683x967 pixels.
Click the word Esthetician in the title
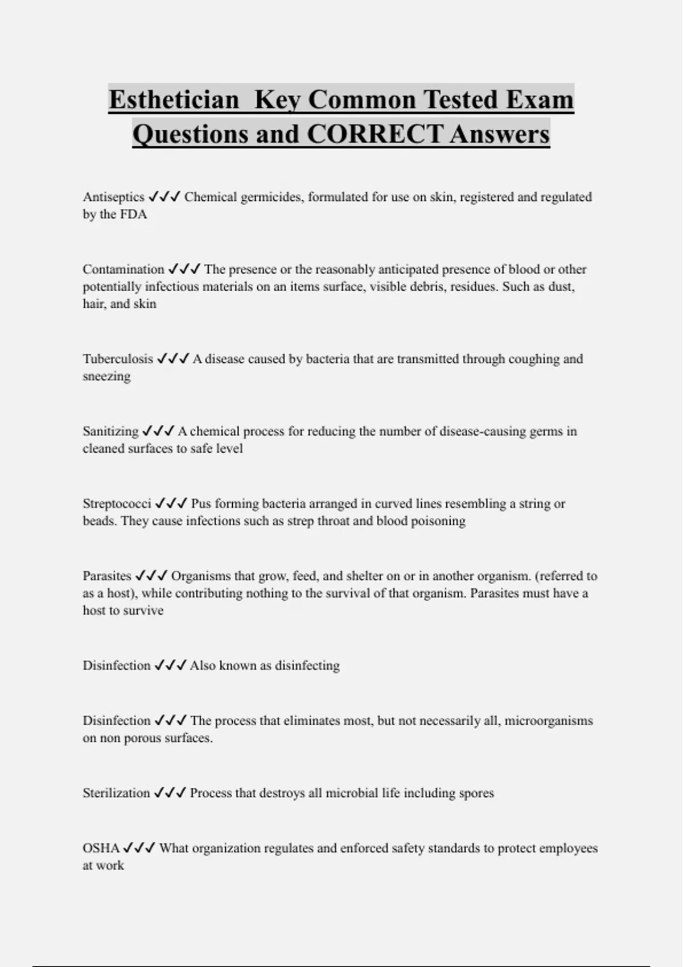point(174,100)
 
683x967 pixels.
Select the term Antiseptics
point(113,197)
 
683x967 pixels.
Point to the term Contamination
point(123,269)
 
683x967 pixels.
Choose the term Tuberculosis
point(118,359)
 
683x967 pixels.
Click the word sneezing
point(106,377)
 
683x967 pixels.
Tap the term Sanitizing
point(110,431)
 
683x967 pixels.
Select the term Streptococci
point(117,503)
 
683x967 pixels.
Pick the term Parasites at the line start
point(107,576)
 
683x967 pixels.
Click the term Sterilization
point(116,793)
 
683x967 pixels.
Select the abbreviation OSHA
point(101,848)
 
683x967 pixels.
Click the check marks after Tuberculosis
point(173,359)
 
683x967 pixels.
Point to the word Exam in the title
point(540,100)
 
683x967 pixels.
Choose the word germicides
point(269,197)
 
